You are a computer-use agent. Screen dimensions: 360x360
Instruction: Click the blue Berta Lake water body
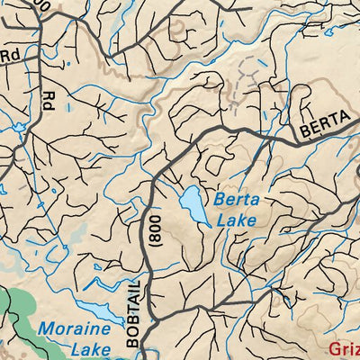click(193, 205)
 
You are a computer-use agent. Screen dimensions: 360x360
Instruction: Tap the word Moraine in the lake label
click(74, 329)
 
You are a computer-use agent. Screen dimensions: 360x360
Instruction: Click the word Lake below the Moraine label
click(74, 349)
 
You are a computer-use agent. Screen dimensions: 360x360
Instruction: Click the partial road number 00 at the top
click(40, 5)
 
